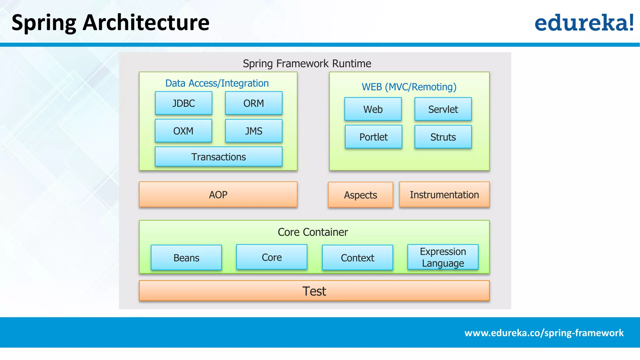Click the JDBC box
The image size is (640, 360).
[183, 103]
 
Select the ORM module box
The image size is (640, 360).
[253, 103]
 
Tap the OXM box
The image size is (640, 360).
[183, 131]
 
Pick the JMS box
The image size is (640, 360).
[253, 131]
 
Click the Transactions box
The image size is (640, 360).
[218, 157]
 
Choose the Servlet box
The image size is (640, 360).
[443, 109]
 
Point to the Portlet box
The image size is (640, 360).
[373, 137]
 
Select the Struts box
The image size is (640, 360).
[443, 137]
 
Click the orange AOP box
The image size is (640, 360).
[218, 194]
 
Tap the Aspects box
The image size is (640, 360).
[360, 195]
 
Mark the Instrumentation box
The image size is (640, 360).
[444, 194]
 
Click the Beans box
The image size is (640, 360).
[186, 257]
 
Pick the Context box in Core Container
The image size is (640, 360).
[357, 257]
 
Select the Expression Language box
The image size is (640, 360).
[443, 257]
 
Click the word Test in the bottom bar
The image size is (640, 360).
[314, 291]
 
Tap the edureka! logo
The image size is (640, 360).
[584, 22]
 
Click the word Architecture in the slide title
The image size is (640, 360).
[146, 22]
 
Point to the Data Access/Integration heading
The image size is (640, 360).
[217, 83]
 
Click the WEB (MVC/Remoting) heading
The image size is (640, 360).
[409, 87]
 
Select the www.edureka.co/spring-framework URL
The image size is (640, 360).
[544, 333]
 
